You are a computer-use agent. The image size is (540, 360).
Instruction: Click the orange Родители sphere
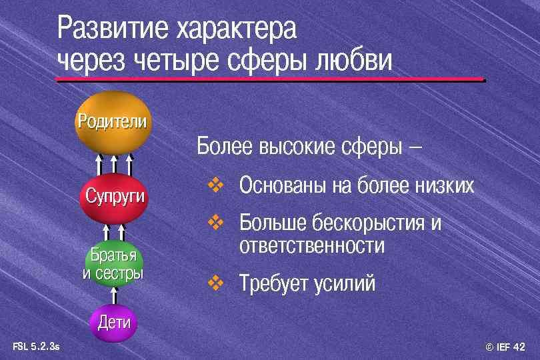pos(112,123)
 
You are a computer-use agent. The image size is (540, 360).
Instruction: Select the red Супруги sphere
pos(114,197)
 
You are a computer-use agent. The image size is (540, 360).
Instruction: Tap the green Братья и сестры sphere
pos(114,264)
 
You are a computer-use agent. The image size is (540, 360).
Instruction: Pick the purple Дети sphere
pos(113,323)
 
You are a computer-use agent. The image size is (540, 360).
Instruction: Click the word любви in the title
pos(351,61)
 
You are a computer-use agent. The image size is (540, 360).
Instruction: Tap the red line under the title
pos(269,80)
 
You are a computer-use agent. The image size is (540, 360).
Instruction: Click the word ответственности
pos(311,246)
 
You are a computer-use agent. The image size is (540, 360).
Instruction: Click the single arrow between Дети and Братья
pos(114,295)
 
